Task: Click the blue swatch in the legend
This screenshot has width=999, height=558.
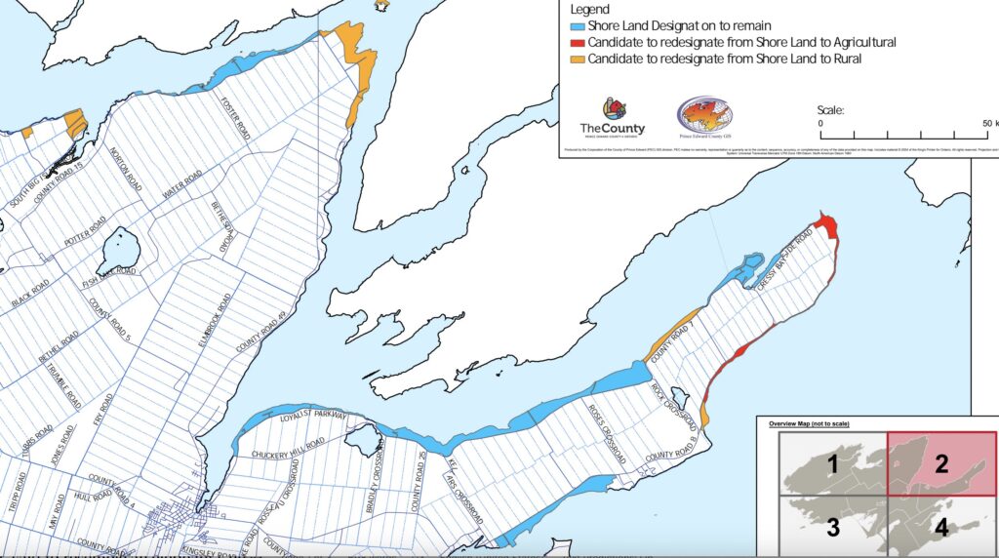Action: tap(577, 25)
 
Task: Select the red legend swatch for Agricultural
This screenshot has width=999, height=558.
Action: tap(577, 42)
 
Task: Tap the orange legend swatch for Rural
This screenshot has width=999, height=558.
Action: tap(577, 60)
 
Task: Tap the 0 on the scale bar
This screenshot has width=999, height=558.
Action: tap(820, 124)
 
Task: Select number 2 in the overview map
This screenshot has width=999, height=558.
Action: tap(941, 463)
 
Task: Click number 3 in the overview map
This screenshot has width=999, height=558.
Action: tap(832, 528)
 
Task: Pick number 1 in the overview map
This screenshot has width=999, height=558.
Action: tap(832, 463)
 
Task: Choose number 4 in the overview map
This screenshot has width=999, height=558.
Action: tap(941, 528)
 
